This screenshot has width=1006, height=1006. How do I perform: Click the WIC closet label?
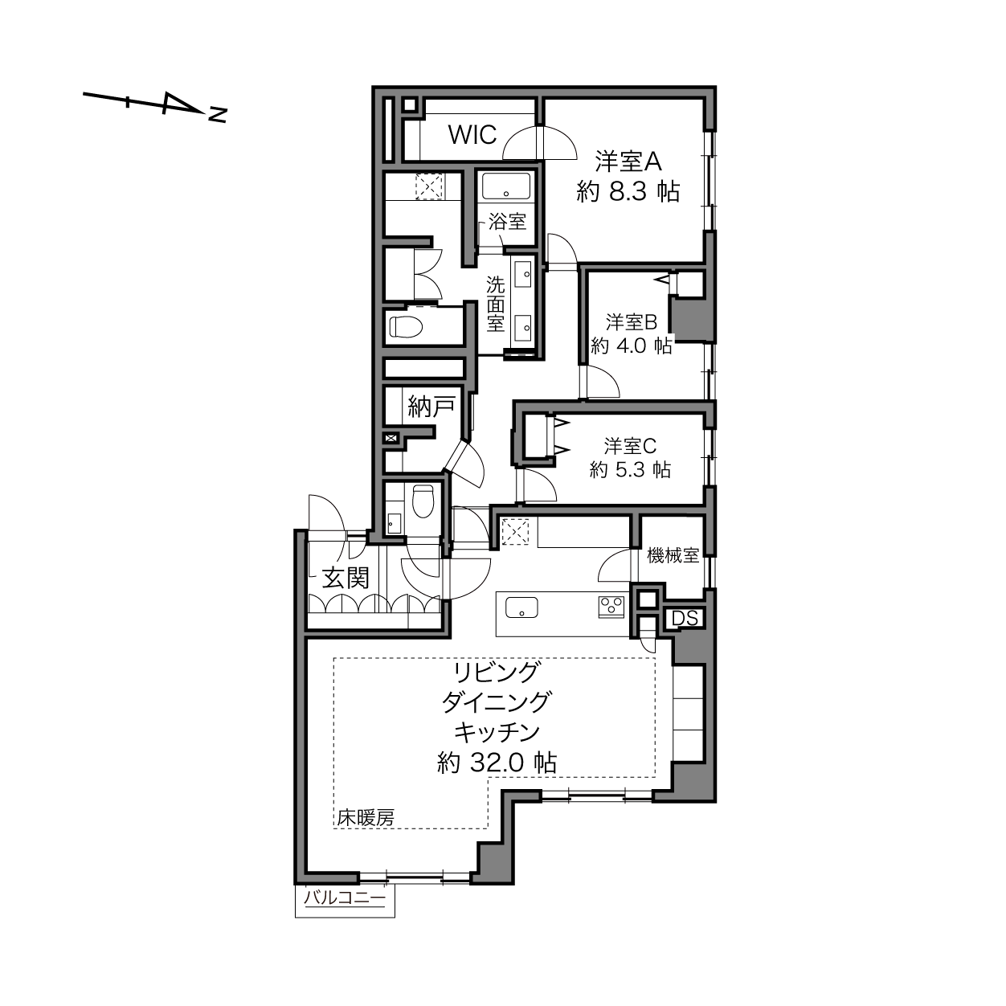[x=472, y=135]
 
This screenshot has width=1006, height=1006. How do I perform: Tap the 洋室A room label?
[x=628, y=162]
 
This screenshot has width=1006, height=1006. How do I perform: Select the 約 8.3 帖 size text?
[x=628, y=191]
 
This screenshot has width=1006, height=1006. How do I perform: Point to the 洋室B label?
[x=632, y=322]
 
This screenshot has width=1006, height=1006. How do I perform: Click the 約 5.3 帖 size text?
[x=630, y=470]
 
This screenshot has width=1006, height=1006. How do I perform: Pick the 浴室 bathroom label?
[x=507, y=222]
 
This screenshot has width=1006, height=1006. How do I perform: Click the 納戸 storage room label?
[x=431, y=407]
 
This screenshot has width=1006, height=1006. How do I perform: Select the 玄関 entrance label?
[x=345, y=579]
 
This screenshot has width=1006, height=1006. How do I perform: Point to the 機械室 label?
[x=673, y=555]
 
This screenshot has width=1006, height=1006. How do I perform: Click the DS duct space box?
[x=685, y=619]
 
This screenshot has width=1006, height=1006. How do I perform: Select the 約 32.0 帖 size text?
[x=497, y=764]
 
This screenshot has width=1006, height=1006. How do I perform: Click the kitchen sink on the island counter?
[x=521, y=607]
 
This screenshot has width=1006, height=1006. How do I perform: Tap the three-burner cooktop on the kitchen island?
[x=612, y=607]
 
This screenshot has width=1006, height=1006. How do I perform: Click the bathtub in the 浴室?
[x=506, y=186]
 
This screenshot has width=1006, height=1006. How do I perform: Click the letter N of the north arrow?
[x=217, y=115]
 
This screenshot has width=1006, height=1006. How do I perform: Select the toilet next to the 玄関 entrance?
[x=423, y=501]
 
